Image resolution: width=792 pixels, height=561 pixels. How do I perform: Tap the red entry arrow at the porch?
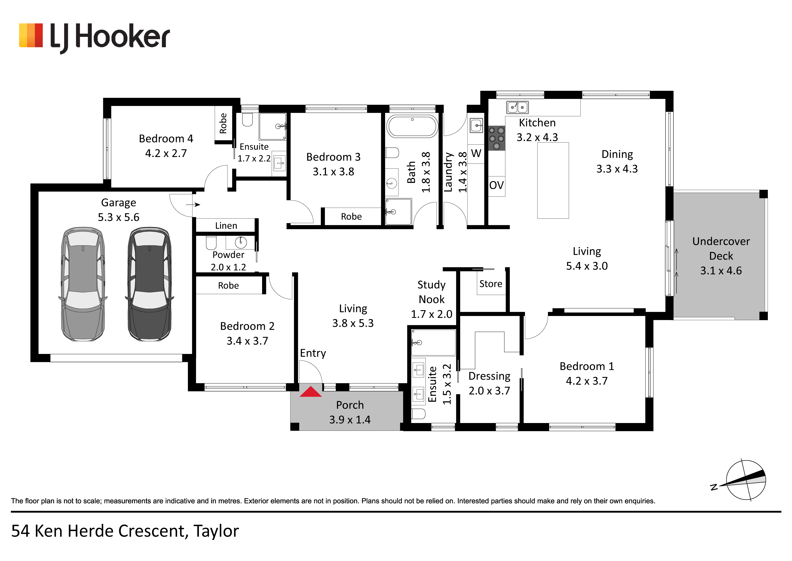[x=310, y=392]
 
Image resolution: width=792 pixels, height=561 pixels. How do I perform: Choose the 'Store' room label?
[x=491, y=284]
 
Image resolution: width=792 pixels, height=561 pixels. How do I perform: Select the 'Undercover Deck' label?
[x=721, y=248]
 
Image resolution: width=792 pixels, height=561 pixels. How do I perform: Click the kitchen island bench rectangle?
[x=553, y=180]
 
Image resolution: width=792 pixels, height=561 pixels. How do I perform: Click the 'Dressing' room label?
[x=489, y=376]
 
